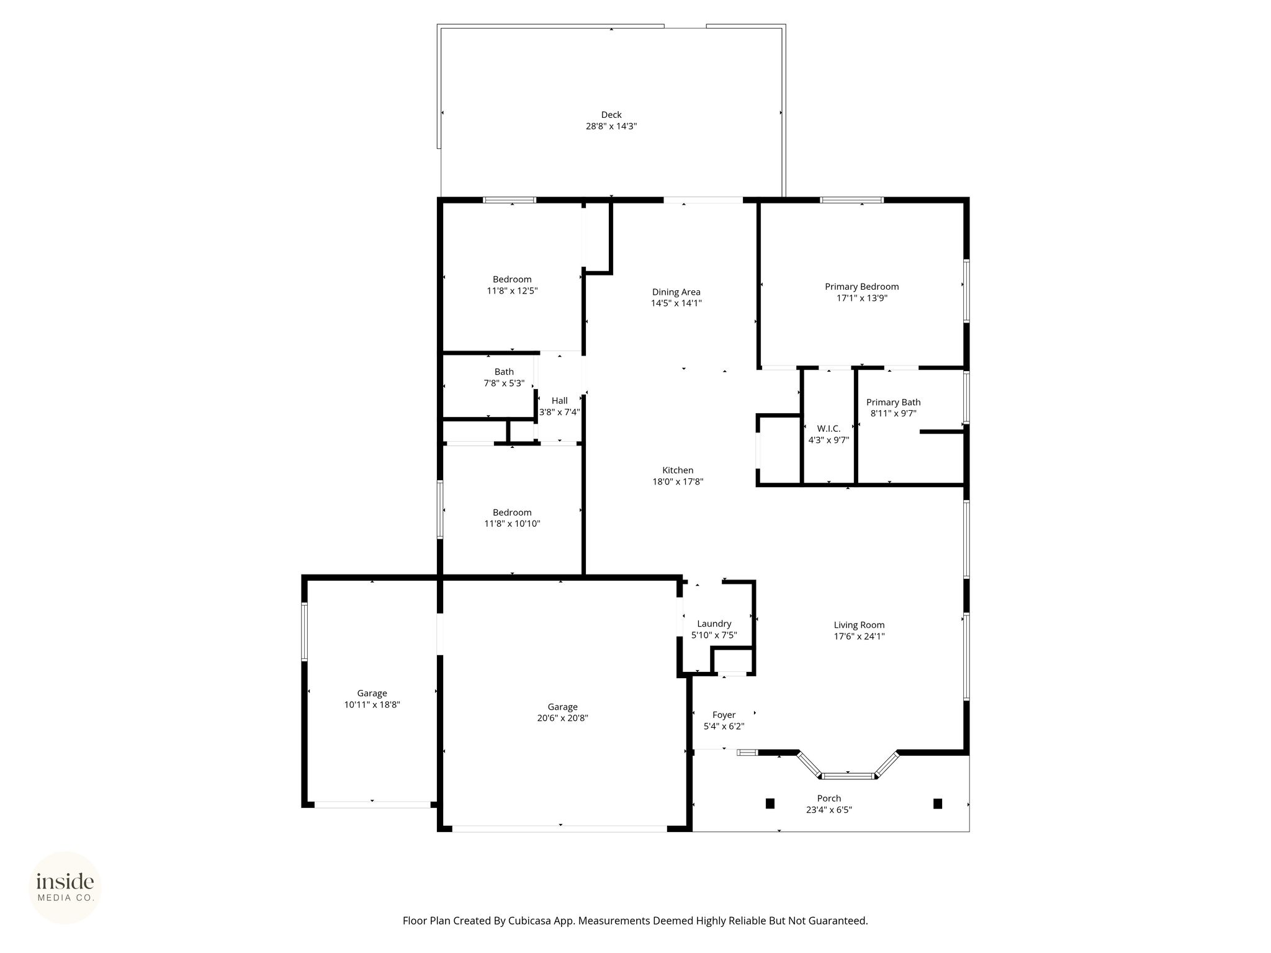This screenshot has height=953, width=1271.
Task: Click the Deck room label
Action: click(611, 115)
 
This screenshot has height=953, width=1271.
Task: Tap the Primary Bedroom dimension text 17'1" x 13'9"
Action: click(862, 298)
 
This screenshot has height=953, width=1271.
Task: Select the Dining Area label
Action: click(676, 292)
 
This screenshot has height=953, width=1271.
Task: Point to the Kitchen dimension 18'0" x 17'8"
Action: click(678, 481)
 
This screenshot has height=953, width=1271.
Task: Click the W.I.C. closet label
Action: click(829, 429)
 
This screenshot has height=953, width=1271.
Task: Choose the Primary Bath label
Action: click(894, 403)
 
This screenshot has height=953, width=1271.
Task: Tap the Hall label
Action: click(560, 401)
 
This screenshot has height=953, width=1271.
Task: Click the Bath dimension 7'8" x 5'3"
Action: click(505, 383)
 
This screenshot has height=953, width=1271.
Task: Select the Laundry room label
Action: click(714, 624)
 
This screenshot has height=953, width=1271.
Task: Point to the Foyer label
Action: click(724, 715)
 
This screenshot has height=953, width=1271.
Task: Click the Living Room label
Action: click(860, 625)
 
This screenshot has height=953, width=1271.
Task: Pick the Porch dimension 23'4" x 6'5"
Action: click(829, 810)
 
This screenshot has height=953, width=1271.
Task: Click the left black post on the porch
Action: click(770, 803)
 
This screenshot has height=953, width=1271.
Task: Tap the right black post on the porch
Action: click(938, 803)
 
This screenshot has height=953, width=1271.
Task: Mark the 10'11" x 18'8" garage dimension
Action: click(372, 705)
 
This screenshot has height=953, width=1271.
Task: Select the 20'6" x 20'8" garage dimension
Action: click(563, 718)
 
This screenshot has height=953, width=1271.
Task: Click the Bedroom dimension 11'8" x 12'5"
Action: click(513, 290)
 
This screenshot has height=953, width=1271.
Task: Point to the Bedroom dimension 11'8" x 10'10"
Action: click(513, 524)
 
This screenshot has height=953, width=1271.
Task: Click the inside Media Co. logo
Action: click(65, 887)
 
